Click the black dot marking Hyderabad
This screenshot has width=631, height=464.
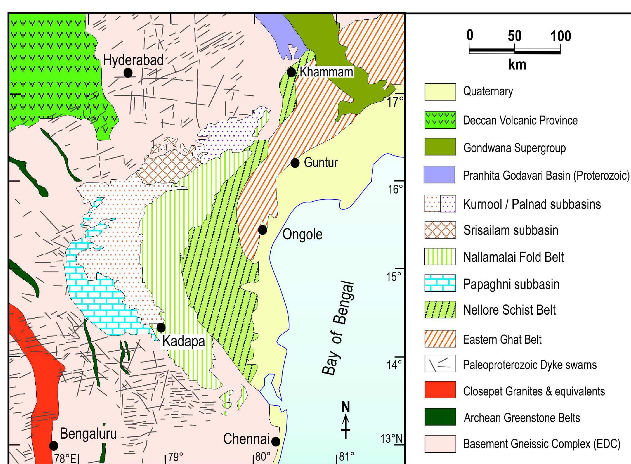[128, 73]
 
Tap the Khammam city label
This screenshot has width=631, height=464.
[326, 72]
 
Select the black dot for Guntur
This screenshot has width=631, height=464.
[295, 163]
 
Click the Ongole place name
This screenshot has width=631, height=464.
[302, 235]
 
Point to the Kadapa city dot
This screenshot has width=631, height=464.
[161, 327]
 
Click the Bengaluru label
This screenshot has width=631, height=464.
[88, 434]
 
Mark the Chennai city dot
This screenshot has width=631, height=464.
[276, 441]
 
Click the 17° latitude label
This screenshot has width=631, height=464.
[395, 102]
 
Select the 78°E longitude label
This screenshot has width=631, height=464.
[65, 458]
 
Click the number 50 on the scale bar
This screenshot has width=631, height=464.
[515, 36]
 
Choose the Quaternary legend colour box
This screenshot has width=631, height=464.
[440, 92]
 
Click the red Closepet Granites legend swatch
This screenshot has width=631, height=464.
[440, 389]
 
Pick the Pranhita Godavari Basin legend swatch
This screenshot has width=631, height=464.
[439, 174]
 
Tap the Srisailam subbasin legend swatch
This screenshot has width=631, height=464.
[440, 230]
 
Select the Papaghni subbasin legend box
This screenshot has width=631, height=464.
[440, 283]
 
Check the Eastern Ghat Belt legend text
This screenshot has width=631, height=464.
[502, 339]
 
